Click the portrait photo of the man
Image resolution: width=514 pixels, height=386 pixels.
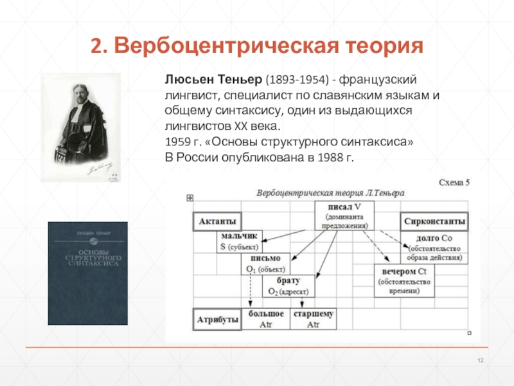pos(81,127)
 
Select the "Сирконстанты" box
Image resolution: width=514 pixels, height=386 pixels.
pos(434,221)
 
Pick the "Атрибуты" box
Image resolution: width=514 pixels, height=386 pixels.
pos(215,318)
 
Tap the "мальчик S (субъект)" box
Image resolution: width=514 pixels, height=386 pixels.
pos(239,241)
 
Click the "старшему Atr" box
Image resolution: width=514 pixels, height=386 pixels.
pos(313,318)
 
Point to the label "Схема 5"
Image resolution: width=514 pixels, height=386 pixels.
pos(454,183)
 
